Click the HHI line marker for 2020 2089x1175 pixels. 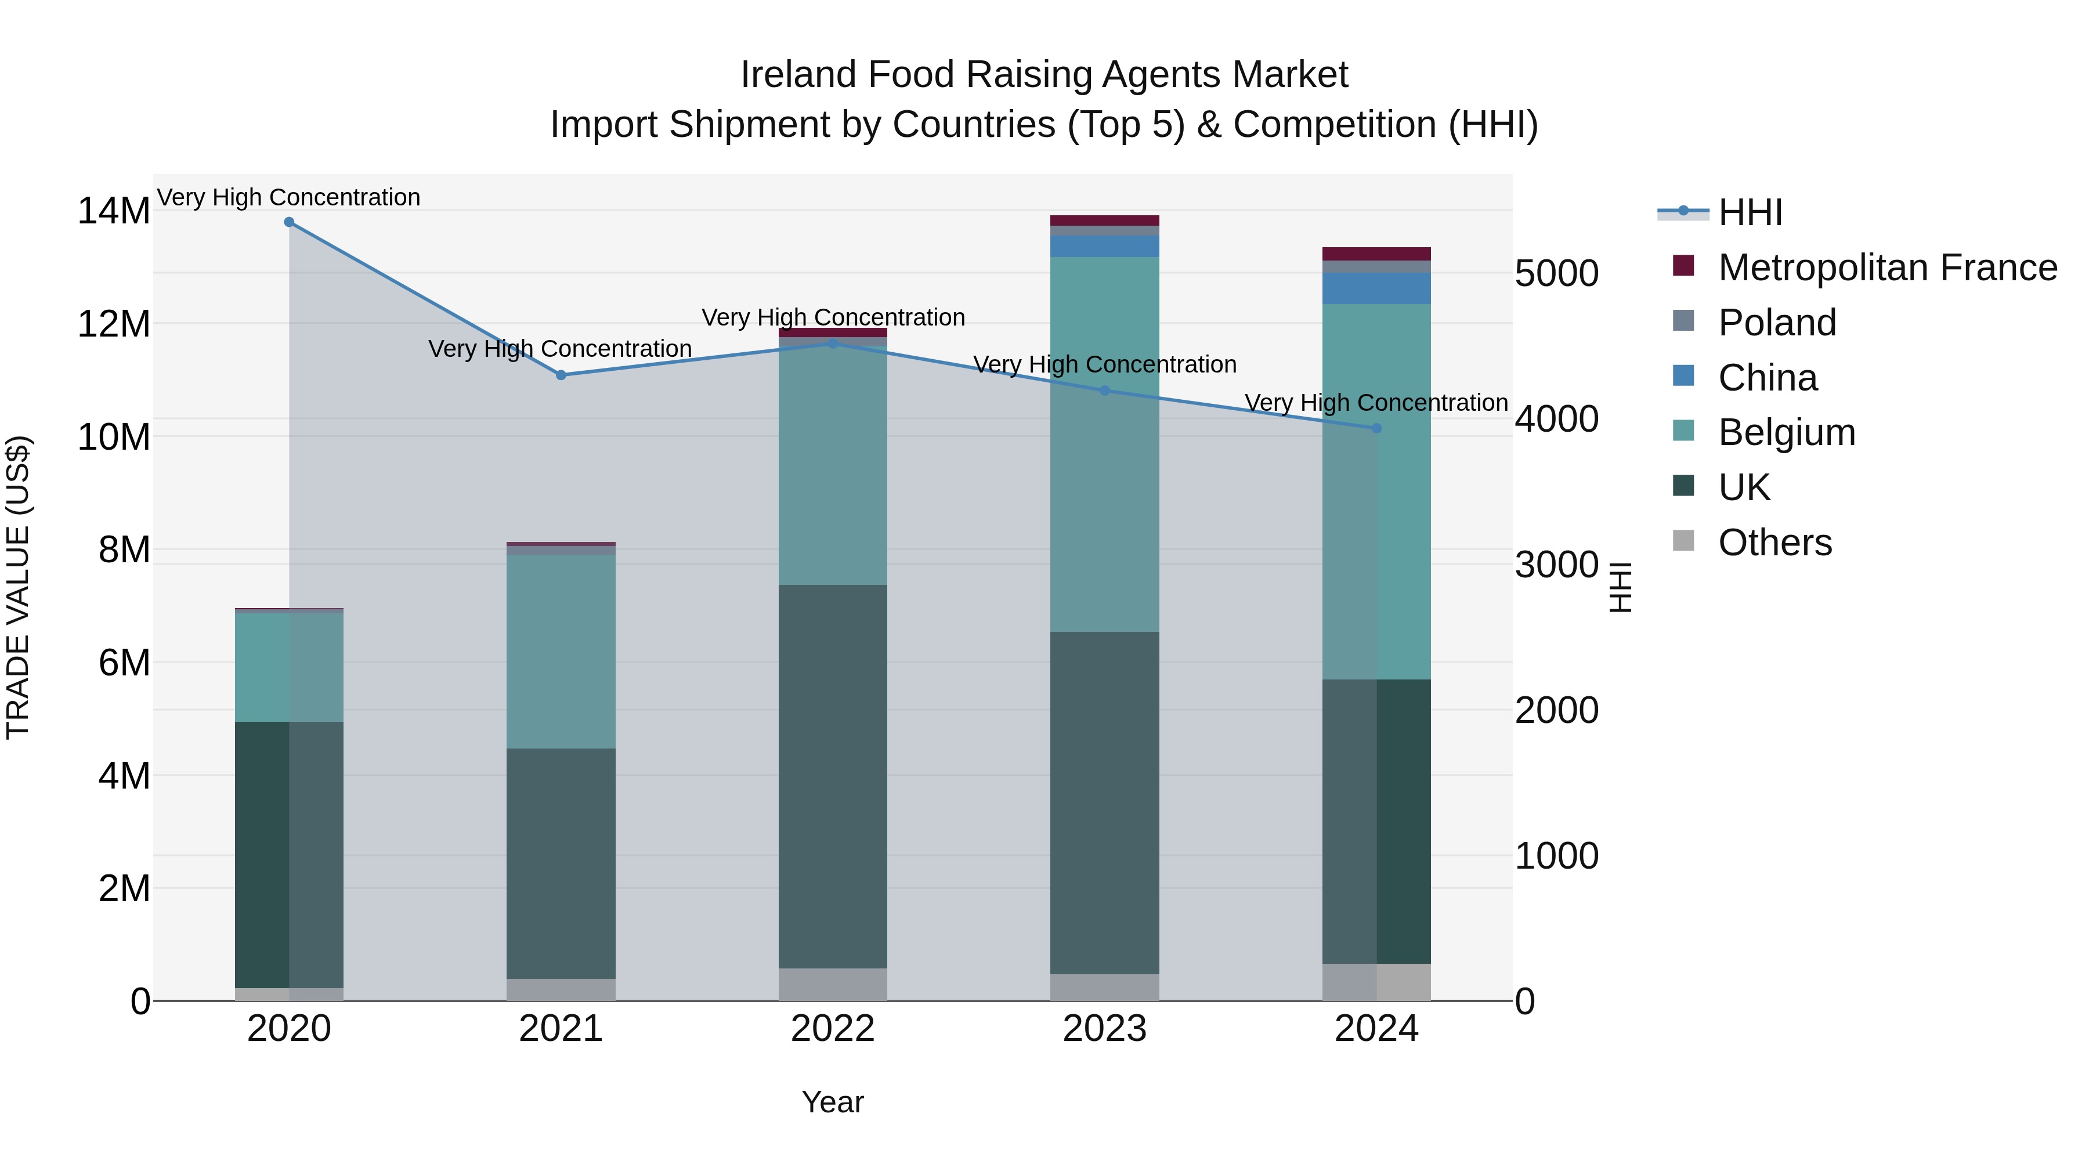tap(289, 222)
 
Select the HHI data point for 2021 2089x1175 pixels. tap(561, 375)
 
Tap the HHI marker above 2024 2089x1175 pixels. tap(1376, 428)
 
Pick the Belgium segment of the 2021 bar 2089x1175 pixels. tap(561, 651)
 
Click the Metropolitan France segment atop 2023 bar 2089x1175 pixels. tap(1104, 220)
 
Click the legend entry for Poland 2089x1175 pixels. tap(1776, 323)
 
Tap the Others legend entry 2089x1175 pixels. tap(1774, 543)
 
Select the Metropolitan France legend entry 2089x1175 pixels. tap(1886, 267)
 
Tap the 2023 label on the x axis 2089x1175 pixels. tap(1104, 1029)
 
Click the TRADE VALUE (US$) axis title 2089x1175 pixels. tap(18, 587)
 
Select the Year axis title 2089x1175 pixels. tap(832, 1102)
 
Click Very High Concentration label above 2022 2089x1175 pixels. tap(832, 317)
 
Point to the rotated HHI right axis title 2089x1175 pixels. tap(1620, 587)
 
